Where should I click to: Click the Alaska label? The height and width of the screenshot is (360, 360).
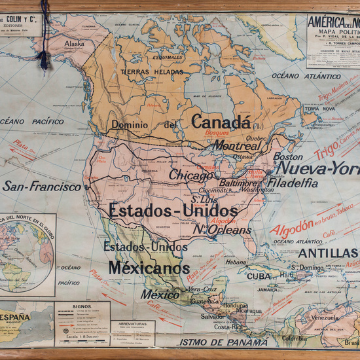click(x=74, y=44)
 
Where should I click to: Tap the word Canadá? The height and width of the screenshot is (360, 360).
click(x=221, y=122)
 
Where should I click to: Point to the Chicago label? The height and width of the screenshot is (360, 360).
click(x=190, y=175)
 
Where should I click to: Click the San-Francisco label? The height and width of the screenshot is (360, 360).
click(x=42, y=187)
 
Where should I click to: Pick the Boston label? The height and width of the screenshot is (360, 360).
click(x=288, y=157)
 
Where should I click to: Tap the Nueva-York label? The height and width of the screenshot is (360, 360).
click(x=317, y=169)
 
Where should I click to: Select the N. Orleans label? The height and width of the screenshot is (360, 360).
click(x=221, y=230)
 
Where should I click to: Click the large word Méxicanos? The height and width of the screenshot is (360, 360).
click(x=149, y=268)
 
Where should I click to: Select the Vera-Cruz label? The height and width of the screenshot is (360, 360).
click(x=202, y=289)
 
